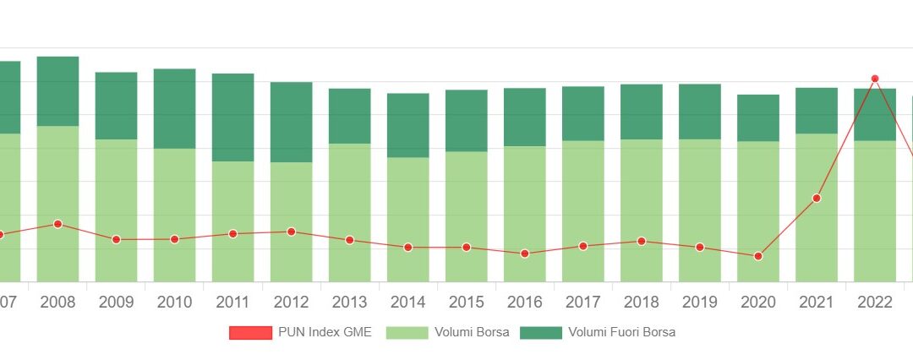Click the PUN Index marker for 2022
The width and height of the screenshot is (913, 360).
tap(875, 79)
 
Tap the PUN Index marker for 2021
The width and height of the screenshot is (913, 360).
tap(817, 199)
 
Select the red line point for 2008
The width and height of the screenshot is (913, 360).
tap(57, 224)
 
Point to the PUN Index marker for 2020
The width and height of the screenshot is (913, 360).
tap(758, 256)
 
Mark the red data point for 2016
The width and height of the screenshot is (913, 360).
tap(525, 254)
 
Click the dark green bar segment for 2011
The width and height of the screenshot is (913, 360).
tap(232, 117)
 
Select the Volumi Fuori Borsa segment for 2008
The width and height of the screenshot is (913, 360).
tap(57, 91)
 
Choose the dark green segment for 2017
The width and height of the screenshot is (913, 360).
tap(583, 113)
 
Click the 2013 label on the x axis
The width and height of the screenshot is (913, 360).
tap(349, 303)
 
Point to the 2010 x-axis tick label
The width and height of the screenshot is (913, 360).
tap(174, 303)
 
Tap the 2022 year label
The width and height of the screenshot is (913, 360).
tap(875, 303)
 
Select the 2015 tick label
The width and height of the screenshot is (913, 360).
tap(467, 303)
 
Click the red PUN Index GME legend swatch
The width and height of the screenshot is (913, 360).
tap(250, 333)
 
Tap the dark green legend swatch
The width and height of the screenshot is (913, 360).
tap(540, 333)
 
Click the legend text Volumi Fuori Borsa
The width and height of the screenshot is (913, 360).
tap(621, 333)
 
